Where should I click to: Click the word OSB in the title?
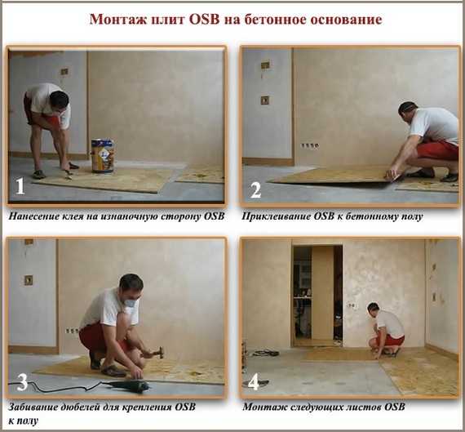coord(204,20)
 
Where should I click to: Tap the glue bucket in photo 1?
coord(103,156)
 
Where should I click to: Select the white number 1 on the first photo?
coord(20,186)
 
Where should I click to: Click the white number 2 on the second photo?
coord(255,190)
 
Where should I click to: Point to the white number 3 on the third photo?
coord(23,382)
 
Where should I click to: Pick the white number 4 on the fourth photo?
coord(254,383)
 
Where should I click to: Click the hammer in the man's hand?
coord(156,353)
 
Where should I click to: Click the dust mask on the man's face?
coord(131,303)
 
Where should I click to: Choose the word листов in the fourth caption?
coord(366,407)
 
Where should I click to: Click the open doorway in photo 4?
coord(317,296)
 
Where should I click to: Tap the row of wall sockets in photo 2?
coord(310,145)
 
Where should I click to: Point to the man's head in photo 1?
coord(60,100)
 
